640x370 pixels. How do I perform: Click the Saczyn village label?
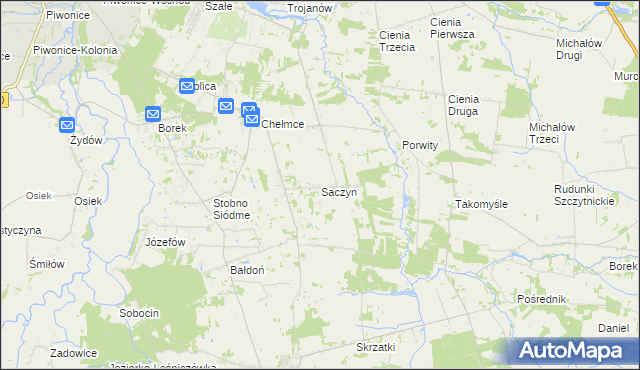tap(339, 191)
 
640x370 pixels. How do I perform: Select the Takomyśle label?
tap(482, 203)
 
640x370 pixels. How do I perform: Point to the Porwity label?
tap(420, 145)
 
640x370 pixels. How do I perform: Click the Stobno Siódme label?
tap(237, 209)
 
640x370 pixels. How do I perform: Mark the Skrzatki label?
tap(376, 346)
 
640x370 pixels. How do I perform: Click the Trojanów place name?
tap(309, 8)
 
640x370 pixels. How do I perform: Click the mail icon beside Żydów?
tap(67, 125)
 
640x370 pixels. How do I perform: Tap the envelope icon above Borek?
tap(153, 114)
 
